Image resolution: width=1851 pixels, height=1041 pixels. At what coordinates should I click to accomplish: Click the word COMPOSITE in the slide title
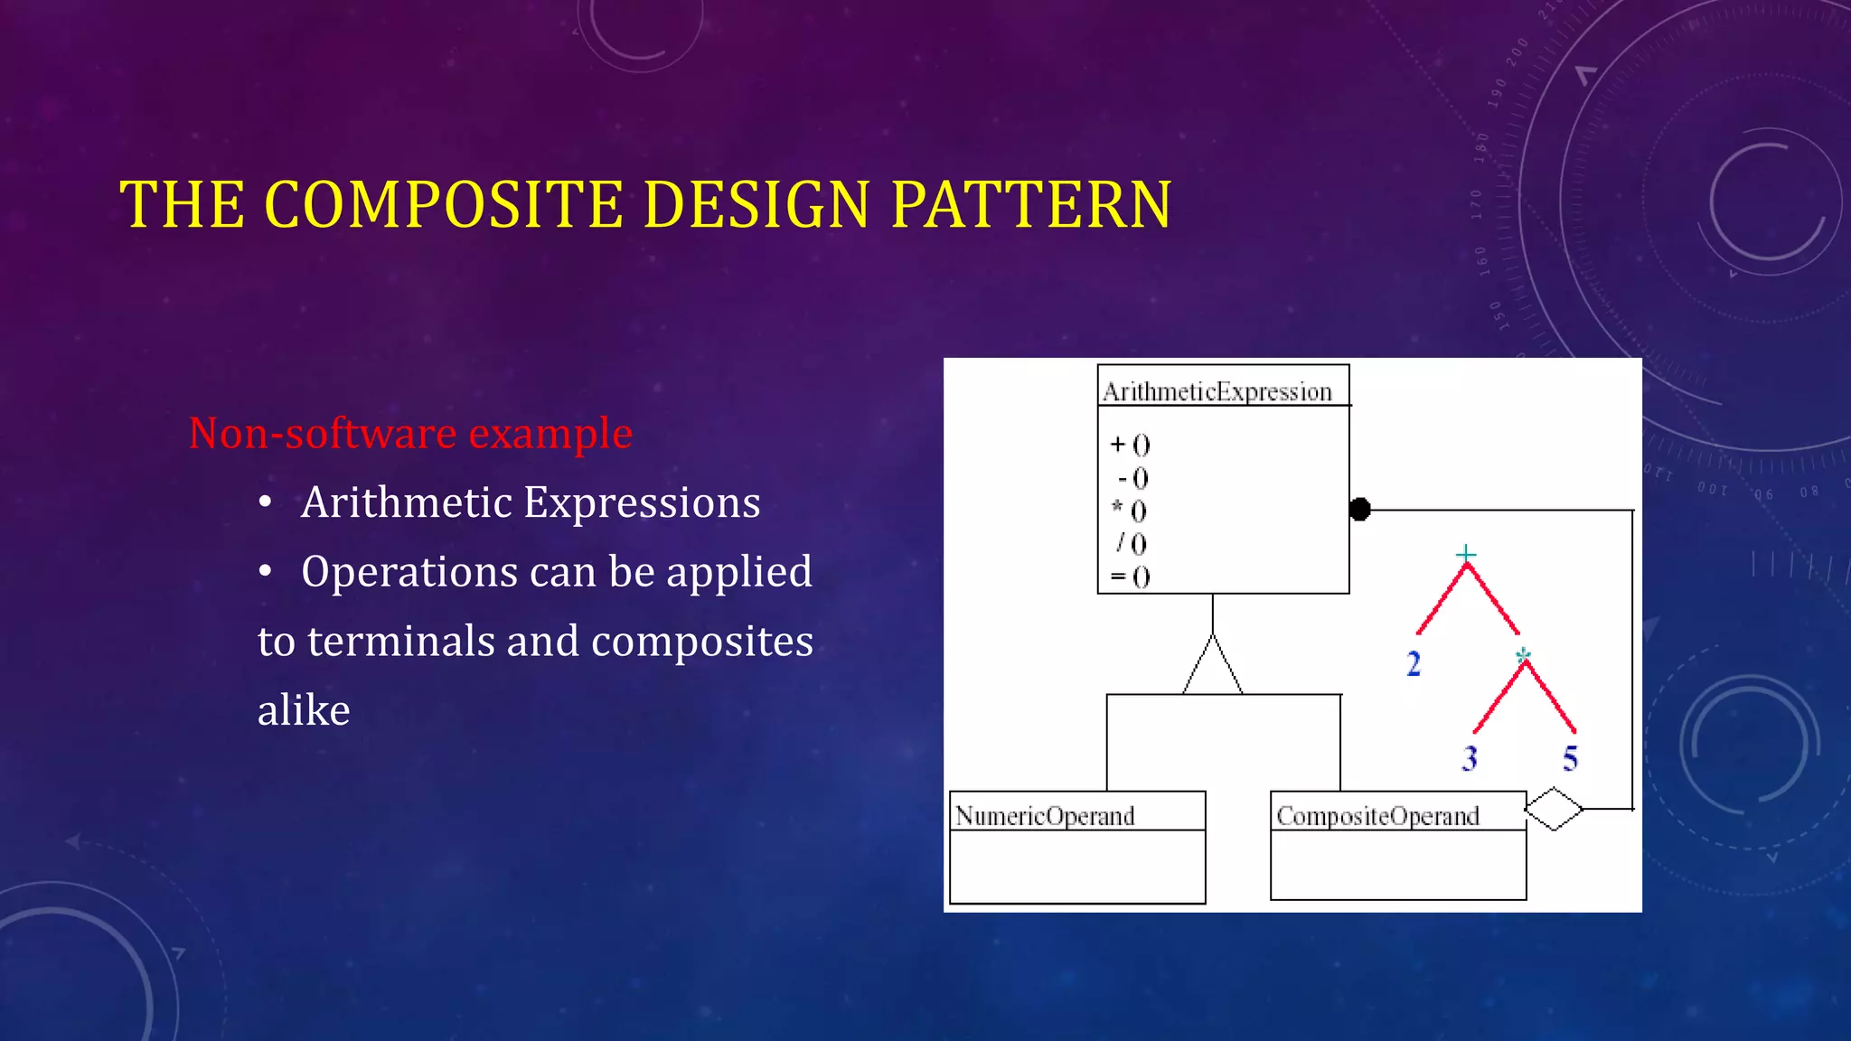(x=443, y=204)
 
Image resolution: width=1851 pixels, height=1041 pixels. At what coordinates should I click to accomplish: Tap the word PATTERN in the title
(x=1031, y=204)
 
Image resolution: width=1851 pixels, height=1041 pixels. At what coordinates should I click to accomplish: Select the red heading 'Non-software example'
(x=410, y=434)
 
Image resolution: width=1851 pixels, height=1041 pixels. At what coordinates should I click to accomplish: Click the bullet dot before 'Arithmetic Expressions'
(x=265, y=502)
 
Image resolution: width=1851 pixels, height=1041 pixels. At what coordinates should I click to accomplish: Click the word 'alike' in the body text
(x=304, y=710)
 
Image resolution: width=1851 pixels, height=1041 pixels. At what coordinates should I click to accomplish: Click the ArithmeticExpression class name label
(x=1217, y=392)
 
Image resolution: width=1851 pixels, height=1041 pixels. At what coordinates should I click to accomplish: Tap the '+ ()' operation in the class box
(x=1130, y=445)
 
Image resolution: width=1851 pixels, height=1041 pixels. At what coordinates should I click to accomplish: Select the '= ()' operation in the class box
(x=1130, y=577)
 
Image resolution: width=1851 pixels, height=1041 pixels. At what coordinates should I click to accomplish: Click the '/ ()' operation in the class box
(x=1131, y=543)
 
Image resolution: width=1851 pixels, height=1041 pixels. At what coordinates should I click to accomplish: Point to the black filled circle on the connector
(x=1359, y=510)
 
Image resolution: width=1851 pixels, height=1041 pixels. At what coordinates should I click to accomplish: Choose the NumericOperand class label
(x=1045, y=816)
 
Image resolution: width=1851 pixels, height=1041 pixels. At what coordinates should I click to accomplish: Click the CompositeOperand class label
(x=1377, y=816)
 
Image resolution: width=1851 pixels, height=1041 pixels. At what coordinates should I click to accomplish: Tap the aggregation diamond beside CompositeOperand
(x=1554, y=809)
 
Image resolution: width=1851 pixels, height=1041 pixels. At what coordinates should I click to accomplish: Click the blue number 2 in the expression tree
(x=1414, y=664)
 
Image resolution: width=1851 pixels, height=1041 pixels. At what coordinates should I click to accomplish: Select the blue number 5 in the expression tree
(x=1571, y=758)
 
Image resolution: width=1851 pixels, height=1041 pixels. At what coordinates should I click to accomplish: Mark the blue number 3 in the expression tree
(x=1470, y=758)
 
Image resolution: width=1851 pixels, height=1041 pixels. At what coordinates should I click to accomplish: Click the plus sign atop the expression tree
(x=1466, y=553)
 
